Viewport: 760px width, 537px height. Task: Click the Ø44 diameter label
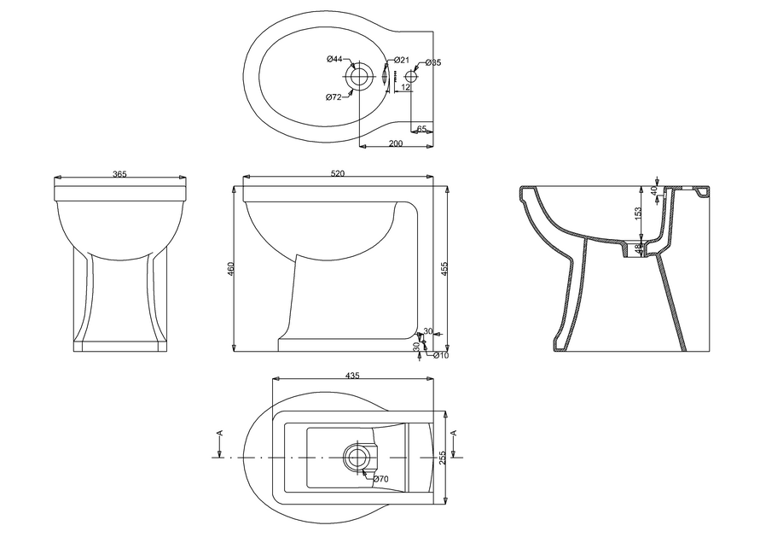click(334, 59)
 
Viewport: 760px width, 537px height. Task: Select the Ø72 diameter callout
click(334, 97)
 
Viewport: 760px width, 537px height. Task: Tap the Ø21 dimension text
click(402, 61)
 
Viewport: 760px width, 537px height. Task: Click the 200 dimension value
click(396, 143)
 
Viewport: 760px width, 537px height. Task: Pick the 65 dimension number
click(421, 129)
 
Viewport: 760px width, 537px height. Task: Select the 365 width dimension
click(119, 174)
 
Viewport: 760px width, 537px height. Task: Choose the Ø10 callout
click(441, 355)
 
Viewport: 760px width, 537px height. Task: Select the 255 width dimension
click(442, 458)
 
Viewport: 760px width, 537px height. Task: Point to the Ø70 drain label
click(380, 480)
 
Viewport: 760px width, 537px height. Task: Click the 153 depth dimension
click(638, 215)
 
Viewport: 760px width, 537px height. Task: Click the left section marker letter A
click(221, 435)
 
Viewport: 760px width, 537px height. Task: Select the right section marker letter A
click(454, 435)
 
